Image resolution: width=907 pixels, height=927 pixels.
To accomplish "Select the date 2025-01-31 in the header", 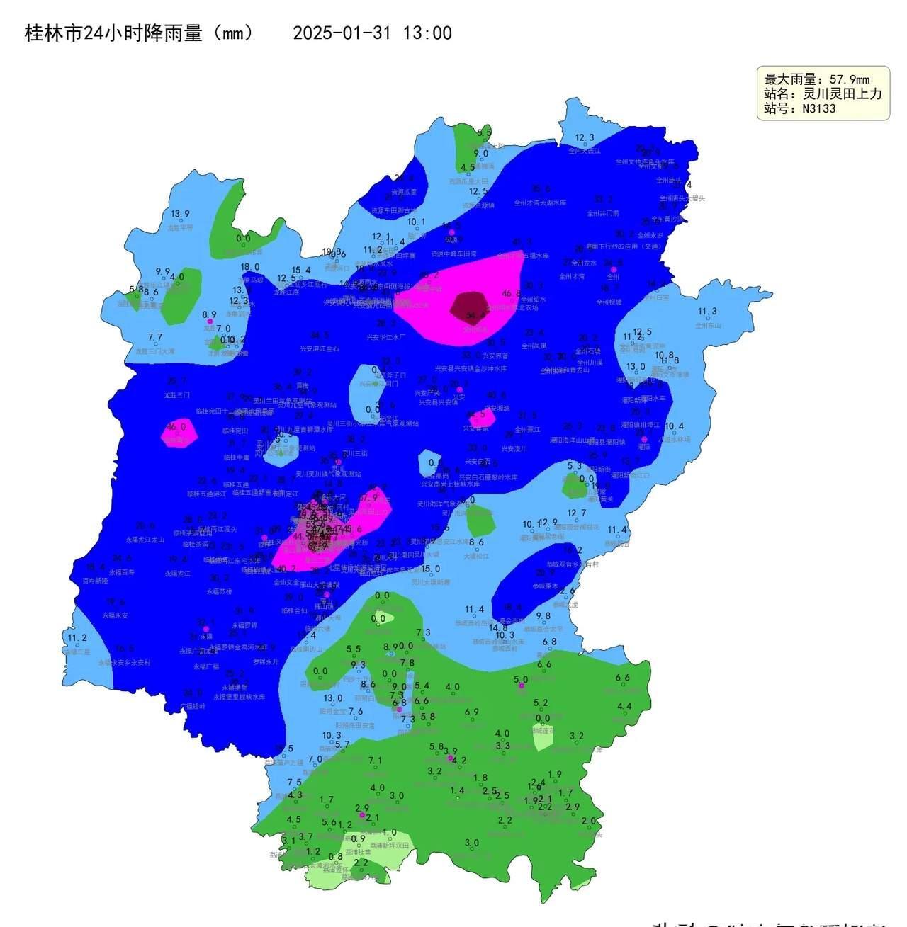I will click(x=342, y=33).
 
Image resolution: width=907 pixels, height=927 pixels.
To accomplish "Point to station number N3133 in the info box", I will click(x=818, y=109).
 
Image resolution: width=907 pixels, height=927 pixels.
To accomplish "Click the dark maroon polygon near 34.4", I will click(x=468, y=305).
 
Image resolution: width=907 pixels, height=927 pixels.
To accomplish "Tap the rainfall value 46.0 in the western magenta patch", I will click(x=176, y=427).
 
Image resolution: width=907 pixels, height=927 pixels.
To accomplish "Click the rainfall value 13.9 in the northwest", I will click(x=180, y=215).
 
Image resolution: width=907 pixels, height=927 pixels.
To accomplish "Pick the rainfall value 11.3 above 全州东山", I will click(x=707, y=312).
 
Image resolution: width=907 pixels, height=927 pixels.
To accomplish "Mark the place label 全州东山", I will click(x=707, y=326).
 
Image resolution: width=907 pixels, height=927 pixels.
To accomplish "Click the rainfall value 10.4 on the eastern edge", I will click(x=674, y=426).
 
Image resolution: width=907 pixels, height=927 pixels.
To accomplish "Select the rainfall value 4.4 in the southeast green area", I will click(x=624, y=706).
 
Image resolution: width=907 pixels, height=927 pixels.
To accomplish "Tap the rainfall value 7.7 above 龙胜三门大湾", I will click(x=155, y=338).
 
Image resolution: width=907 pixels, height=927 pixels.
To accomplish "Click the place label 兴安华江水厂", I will click(x=386, y=338).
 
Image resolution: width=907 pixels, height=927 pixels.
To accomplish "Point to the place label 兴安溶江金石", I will click(x=320, y=348).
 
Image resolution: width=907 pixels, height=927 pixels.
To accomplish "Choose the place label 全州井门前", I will click(x=603, y=213).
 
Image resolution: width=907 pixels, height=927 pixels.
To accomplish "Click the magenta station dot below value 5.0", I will click(x=522, y=686).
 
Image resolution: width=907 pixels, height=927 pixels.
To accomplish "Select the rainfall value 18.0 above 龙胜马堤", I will click(x=250, y=267).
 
